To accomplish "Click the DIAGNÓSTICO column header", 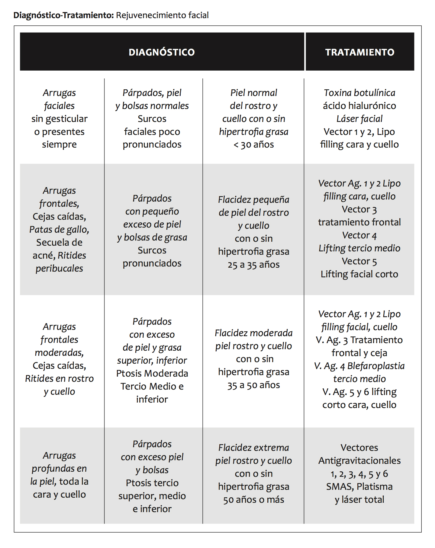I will (x=162, y=52).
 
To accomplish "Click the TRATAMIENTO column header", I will (x=359, y=52).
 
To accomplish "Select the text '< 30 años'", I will (x=253, y=145).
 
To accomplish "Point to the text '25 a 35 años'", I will (x=253, y=265).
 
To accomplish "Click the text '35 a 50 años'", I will (x=253, y=385).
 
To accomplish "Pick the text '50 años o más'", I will (x=253, y=500).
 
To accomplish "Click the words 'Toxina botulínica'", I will (x=359, y=93).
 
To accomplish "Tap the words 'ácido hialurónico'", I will (x=359, y=106).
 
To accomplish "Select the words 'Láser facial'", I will (x=359, y=119).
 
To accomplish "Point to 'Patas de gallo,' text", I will (x=59, y=229).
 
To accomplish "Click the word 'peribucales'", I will (x=59, y=268).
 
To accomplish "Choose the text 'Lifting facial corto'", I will (x=359, y=274).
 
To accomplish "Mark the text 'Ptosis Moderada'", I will (x=152, y=373).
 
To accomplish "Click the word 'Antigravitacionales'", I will (x=359, y=460).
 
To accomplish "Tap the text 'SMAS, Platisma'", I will (x=359, y=486).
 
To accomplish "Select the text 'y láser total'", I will (x=359, y=499).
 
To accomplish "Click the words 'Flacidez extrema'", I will (x=253, y=448).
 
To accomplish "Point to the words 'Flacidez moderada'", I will (x=253, y=333).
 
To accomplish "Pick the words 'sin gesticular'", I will (x=59, y=119).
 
